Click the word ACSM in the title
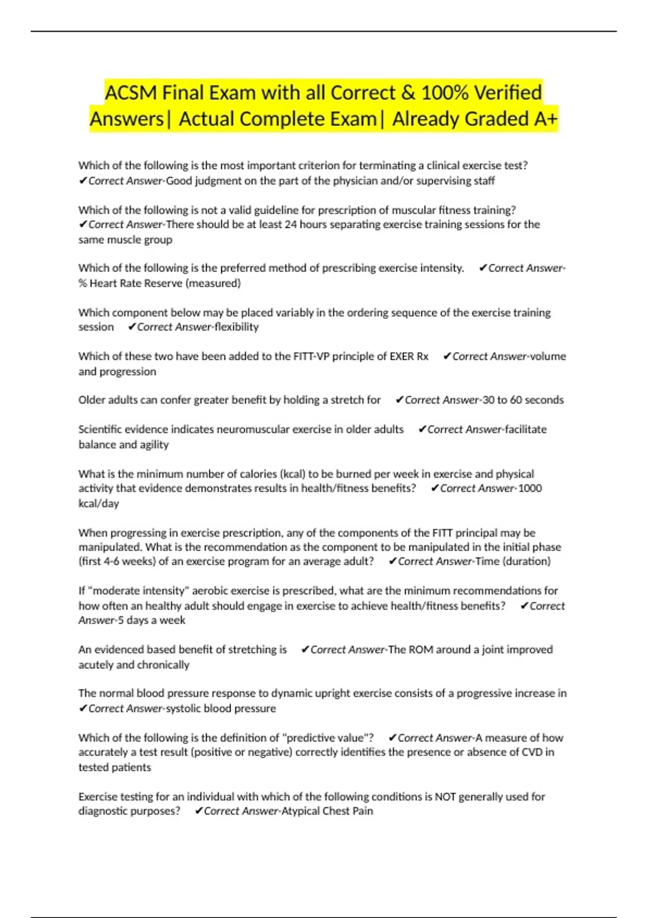coord(131,93)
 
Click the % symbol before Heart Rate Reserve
coord(83,283)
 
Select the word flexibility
coord(237,327)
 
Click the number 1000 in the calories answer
coord(530,488)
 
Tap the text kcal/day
coord(98,503)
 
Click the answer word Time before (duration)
coord(487,562)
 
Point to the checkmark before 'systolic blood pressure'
coord(83,708)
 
